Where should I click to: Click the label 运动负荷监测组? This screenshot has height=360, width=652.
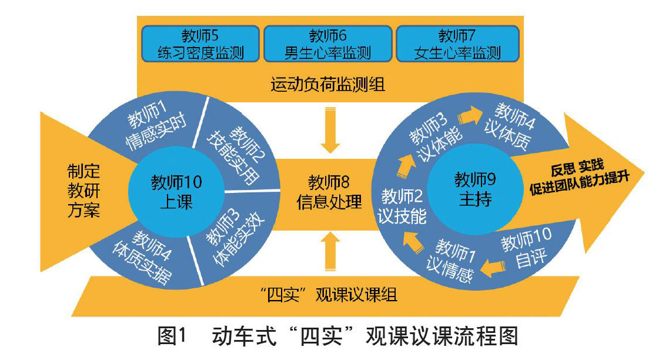[328, 85]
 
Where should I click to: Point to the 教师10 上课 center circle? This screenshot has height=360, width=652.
[176, 192]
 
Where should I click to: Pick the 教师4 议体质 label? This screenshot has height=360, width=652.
[517, 120]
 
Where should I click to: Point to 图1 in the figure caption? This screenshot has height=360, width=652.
[172, 336]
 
